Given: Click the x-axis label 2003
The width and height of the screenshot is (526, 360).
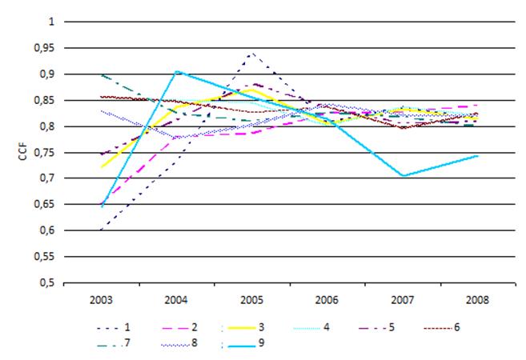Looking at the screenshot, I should pyautogui.click(x=102, y=302).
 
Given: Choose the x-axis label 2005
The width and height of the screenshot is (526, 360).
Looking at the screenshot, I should pyautogui.click(x=253, y=302).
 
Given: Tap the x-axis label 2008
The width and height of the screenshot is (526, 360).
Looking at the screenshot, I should pyautogui.click(x=479, y=302).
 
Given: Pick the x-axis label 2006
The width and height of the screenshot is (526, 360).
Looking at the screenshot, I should pyautogui.click(x=328, y=302).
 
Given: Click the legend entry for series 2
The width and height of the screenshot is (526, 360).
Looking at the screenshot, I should pyautogui.click(x=179, y=326).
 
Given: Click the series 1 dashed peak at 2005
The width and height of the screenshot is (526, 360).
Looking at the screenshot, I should pyautogui.click(x=253, y=54).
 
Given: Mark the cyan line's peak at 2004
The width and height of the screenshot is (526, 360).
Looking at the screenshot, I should pyautogui.click(x=177, y=71).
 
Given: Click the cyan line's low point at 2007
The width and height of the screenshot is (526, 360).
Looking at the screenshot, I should pyautogui.click(x=403, y=176).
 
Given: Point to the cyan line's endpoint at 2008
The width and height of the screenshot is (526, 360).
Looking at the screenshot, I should pyautogui.click(x=478, y=155).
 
